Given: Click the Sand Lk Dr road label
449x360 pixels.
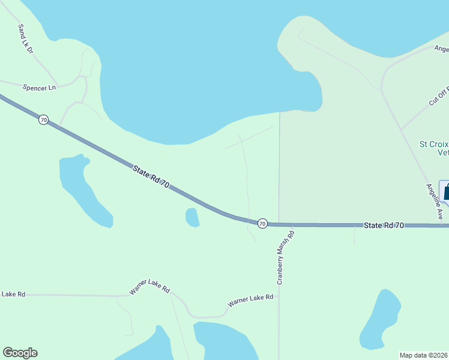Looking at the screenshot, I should point(25,40).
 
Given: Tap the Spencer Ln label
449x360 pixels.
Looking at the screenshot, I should point(39,88).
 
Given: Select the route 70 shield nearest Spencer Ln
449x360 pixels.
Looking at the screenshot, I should point(43,120).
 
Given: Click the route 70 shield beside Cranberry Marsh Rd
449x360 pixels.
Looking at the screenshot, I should point(262,223).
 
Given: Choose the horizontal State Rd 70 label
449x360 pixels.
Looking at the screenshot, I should point(384,225).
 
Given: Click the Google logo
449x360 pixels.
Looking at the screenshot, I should point(20,353).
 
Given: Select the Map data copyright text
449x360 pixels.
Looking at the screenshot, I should point(424,355).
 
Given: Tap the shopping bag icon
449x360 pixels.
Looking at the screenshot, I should point(446,192).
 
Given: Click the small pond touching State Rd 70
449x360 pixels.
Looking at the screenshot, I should point(192,217).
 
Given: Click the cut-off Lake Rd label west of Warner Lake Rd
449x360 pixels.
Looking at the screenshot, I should point(13,294).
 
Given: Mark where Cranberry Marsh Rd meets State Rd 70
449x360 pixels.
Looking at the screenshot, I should point(280,224).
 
